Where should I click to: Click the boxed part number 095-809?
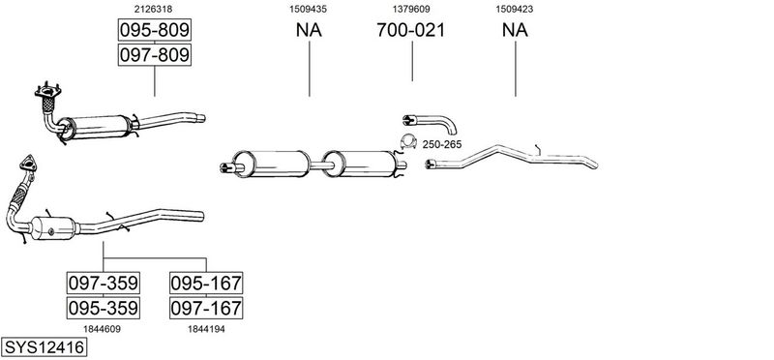coord(155,30)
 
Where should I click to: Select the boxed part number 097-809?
coord(155,54)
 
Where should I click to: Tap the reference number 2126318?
coord(154,9)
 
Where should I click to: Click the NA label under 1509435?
coord(309,30)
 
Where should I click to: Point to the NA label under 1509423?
coord(515,30)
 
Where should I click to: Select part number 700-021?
coord(410,30)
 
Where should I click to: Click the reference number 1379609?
coord(411,9)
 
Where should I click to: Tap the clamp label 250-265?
coord(442,145)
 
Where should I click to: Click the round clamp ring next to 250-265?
coord(408,141)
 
